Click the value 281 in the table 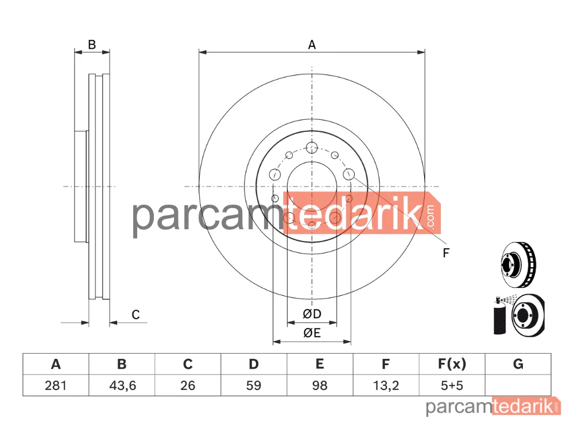[56, 385]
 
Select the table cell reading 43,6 [122, 385]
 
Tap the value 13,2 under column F [386, 385]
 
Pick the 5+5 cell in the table [452, 385]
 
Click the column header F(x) [452, 364]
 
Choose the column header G [518, 364]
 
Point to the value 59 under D [253, 385]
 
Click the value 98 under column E [320, 385]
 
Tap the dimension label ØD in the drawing [312, 314]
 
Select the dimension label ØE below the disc [312, 333]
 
